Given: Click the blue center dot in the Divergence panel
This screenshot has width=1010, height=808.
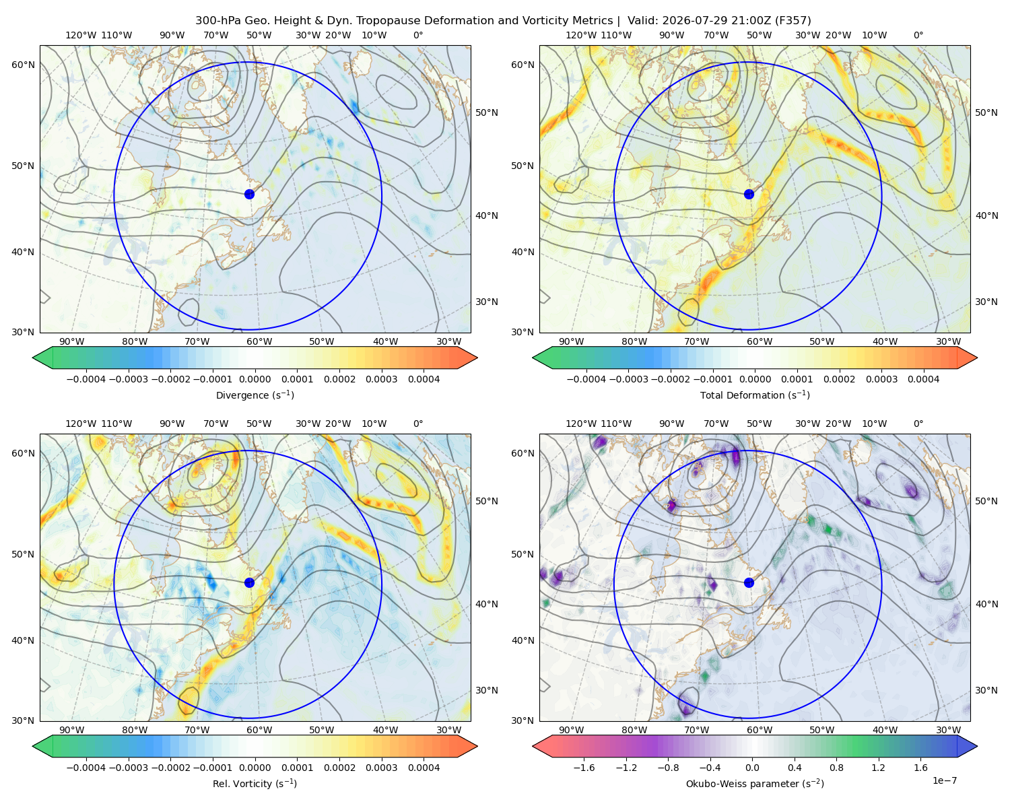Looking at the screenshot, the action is (249, 194).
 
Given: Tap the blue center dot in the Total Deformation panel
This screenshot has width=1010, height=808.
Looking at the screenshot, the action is (749, 194).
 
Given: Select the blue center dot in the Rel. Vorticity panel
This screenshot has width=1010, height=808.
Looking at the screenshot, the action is (249, 582).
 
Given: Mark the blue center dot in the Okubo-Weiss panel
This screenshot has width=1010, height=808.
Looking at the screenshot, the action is (749, 582).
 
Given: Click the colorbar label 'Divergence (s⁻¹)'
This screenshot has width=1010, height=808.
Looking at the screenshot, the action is (255, 395).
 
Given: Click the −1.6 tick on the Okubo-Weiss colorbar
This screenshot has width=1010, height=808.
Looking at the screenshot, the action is (584, 768).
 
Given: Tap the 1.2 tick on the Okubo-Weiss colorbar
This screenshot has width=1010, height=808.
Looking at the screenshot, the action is (878, 768).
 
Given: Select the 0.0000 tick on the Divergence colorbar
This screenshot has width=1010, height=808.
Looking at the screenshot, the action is (255, 379).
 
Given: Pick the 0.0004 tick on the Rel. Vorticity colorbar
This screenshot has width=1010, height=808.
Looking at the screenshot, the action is (424, 768).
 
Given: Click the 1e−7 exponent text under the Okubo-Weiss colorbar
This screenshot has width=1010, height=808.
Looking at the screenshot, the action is (944, 780).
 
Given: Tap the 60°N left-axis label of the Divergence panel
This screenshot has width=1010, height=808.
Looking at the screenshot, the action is (23, 65).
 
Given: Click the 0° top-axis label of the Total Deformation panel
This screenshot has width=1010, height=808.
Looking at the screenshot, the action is (918, 35).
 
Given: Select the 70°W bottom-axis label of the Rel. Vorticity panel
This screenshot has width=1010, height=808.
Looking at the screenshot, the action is (197, 730).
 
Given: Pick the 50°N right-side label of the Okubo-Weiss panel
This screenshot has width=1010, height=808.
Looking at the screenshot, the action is (986, 501).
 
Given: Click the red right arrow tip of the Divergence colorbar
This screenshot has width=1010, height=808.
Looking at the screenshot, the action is (477, 358).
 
